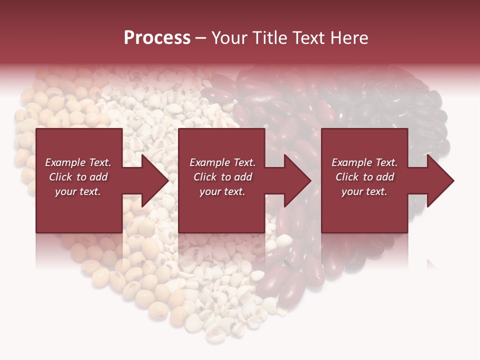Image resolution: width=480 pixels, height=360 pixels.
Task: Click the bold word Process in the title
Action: click(157, 38)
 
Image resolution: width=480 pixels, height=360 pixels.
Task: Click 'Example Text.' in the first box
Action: click(78, 162)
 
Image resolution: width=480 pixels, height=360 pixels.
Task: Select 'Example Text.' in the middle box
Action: click(222, 162)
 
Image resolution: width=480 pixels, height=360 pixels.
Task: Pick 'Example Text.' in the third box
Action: click(364, 162)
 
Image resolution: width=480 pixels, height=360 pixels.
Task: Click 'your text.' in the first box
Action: click(78, 191)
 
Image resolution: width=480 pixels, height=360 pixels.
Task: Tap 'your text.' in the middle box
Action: click(222, 191)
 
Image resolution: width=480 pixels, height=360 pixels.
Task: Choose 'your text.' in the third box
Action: click(364, 191)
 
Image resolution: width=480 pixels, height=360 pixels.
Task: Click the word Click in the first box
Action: click(61, 177)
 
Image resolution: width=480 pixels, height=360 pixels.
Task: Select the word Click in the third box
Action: click(347, 177)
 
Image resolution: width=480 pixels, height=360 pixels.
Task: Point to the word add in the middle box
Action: click(243, 177)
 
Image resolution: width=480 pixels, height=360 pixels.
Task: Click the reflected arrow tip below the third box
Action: click(431, 263)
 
